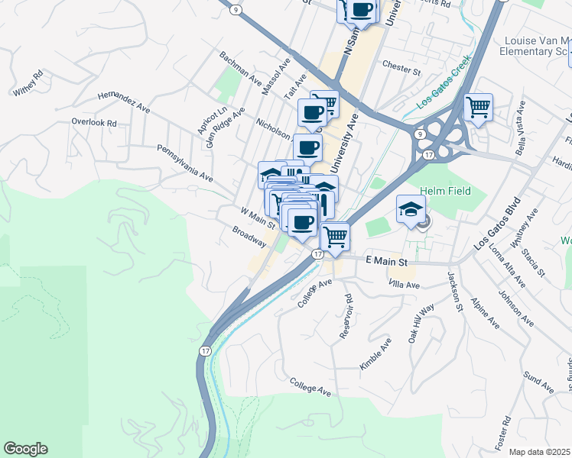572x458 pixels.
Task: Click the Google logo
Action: point(25,449)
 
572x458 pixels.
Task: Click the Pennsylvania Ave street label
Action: point(184,163)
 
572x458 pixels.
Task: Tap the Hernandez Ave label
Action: point(124,103)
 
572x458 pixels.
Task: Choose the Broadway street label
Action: point(250,236)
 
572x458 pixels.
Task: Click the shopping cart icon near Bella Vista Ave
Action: point(479,107)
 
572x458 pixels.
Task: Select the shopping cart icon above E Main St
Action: point(334,236)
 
